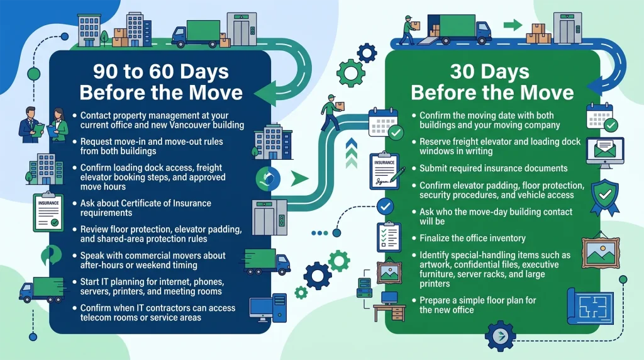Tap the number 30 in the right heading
(462, 72)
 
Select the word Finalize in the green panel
(434, 238)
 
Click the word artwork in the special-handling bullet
(435, 265)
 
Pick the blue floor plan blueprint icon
(590, 306)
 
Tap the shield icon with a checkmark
(605, 197)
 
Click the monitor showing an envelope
(605, 152)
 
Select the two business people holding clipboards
(43, 125)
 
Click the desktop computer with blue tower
(268, 308)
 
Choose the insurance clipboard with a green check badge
(48, 211)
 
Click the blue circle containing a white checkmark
(385, 206)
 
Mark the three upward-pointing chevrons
(352, 153)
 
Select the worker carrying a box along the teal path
(333, 112)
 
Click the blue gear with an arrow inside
(500, 337)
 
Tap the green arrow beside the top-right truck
(513, 25)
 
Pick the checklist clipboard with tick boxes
(389, 237)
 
